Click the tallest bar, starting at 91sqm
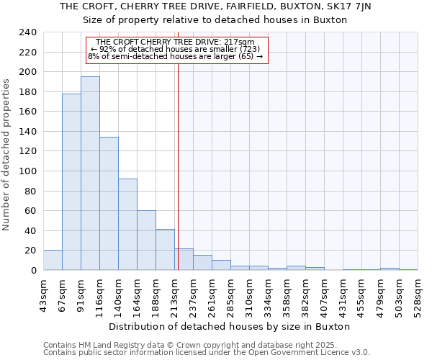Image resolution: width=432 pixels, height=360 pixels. pos(90,174)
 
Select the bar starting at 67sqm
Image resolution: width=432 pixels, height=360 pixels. pos(71,181)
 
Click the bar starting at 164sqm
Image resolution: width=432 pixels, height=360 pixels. pos(146,240)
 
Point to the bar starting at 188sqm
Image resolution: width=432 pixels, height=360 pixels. pos(165,250)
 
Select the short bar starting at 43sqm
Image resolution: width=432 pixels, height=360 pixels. pos(53,261)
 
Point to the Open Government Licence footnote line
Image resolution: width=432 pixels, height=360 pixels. pos(207,353)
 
